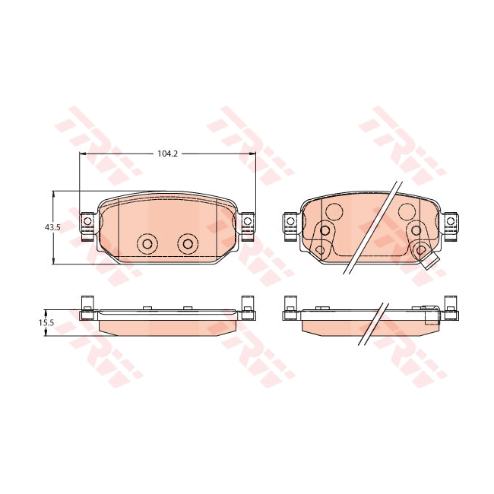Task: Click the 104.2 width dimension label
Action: [166, 154]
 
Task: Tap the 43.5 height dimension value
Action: [52, 227]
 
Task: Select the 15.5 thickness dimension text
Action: [46, 322]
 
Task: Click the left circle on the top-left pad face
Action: [147, 243]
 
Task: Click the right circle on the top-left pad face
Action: [187, 243]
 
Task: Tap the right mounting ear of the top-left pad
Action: [247, 222]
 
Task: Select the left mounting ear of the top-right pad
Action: [290, 222]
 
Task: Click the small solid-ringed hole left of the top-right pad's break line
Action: [325, 230]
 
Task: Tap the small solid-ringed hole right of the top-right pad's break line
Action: [415, 230]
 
